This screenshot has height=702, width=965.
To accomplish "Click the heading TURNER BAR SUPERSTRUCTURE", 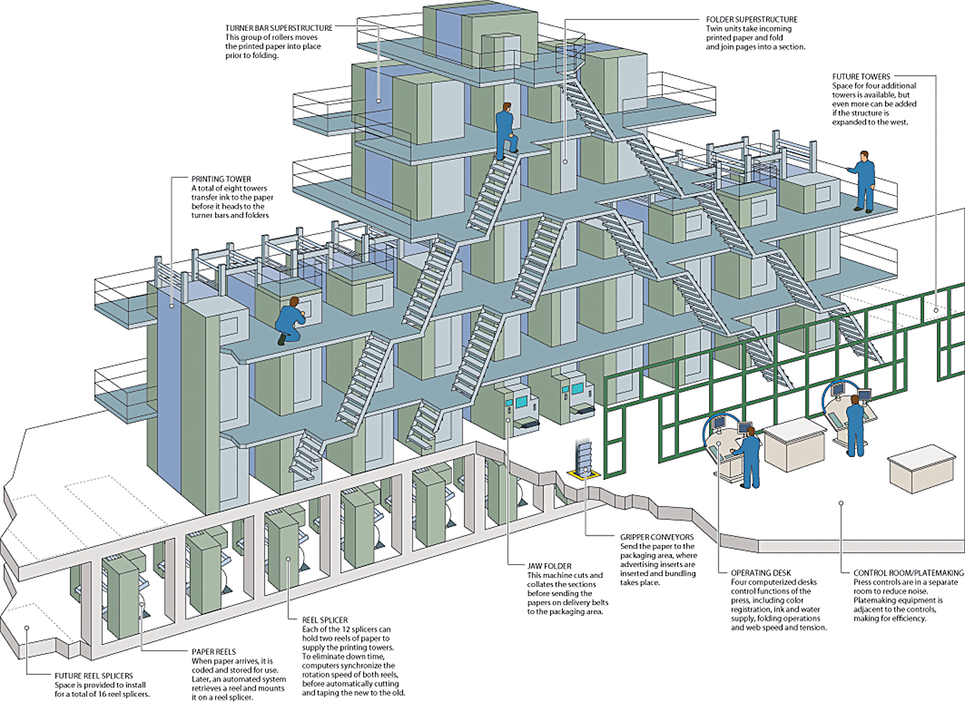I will point(279,29).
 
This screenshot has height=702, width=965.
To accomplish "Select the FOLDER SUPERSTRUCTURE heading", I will point(751,20).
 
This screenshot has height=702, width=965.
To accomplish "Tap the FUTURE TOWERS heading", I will point(861,76).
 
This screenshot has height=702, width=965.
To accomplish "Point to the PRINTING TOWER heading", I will point(221,179).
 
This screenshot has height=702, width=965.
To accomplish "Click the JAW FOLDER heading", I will point(549,566).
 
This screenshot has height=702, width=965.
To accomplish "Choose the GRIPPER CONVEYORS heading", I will point(656,537).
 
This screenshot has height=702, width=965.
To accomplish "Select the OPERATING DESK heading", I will point(761,573).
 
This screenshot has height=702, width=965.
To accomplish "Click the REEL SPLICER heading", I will point(325,620).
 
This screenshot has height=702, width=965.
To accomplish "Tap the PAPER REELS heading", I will point(214,651).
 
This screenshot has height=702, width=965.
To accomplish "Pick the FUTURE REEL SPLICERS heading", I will point(94,676).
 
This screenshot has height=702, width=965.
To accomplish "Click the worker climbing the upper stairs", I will point(506,131).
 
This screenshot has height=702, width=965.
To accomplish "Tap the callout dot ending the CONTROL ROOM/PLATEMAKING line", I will point(841,503).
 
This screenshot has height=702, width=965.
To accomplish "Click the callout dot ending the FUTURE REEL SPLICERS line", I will point(26,628).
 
